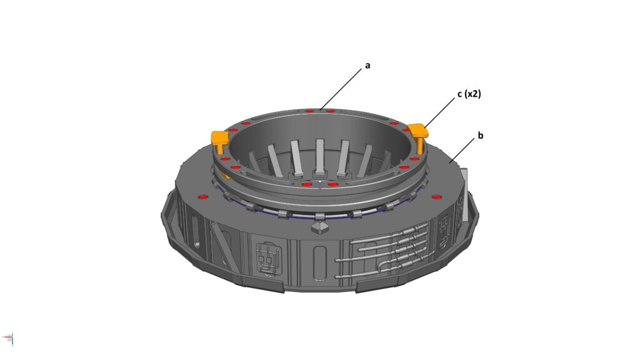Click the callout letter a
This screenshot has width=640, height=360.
[x=367, y=65]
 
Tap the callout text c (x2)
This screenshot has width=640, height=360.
[x=469, y=94]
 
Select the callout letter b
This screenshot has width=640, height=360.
[x=481, y=135]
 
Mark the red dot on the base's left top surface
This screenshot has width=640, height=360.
[x=202, y=197]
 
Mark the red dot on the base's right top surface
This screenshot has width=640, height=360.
[x=436, y=197]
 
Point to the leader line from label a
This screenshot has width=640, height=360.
[x=341, y=89]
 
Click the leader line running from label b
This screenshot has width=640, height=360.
[x=462, y=150]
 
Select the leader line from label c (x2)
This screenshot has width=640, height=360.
[x=439, y=112]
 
